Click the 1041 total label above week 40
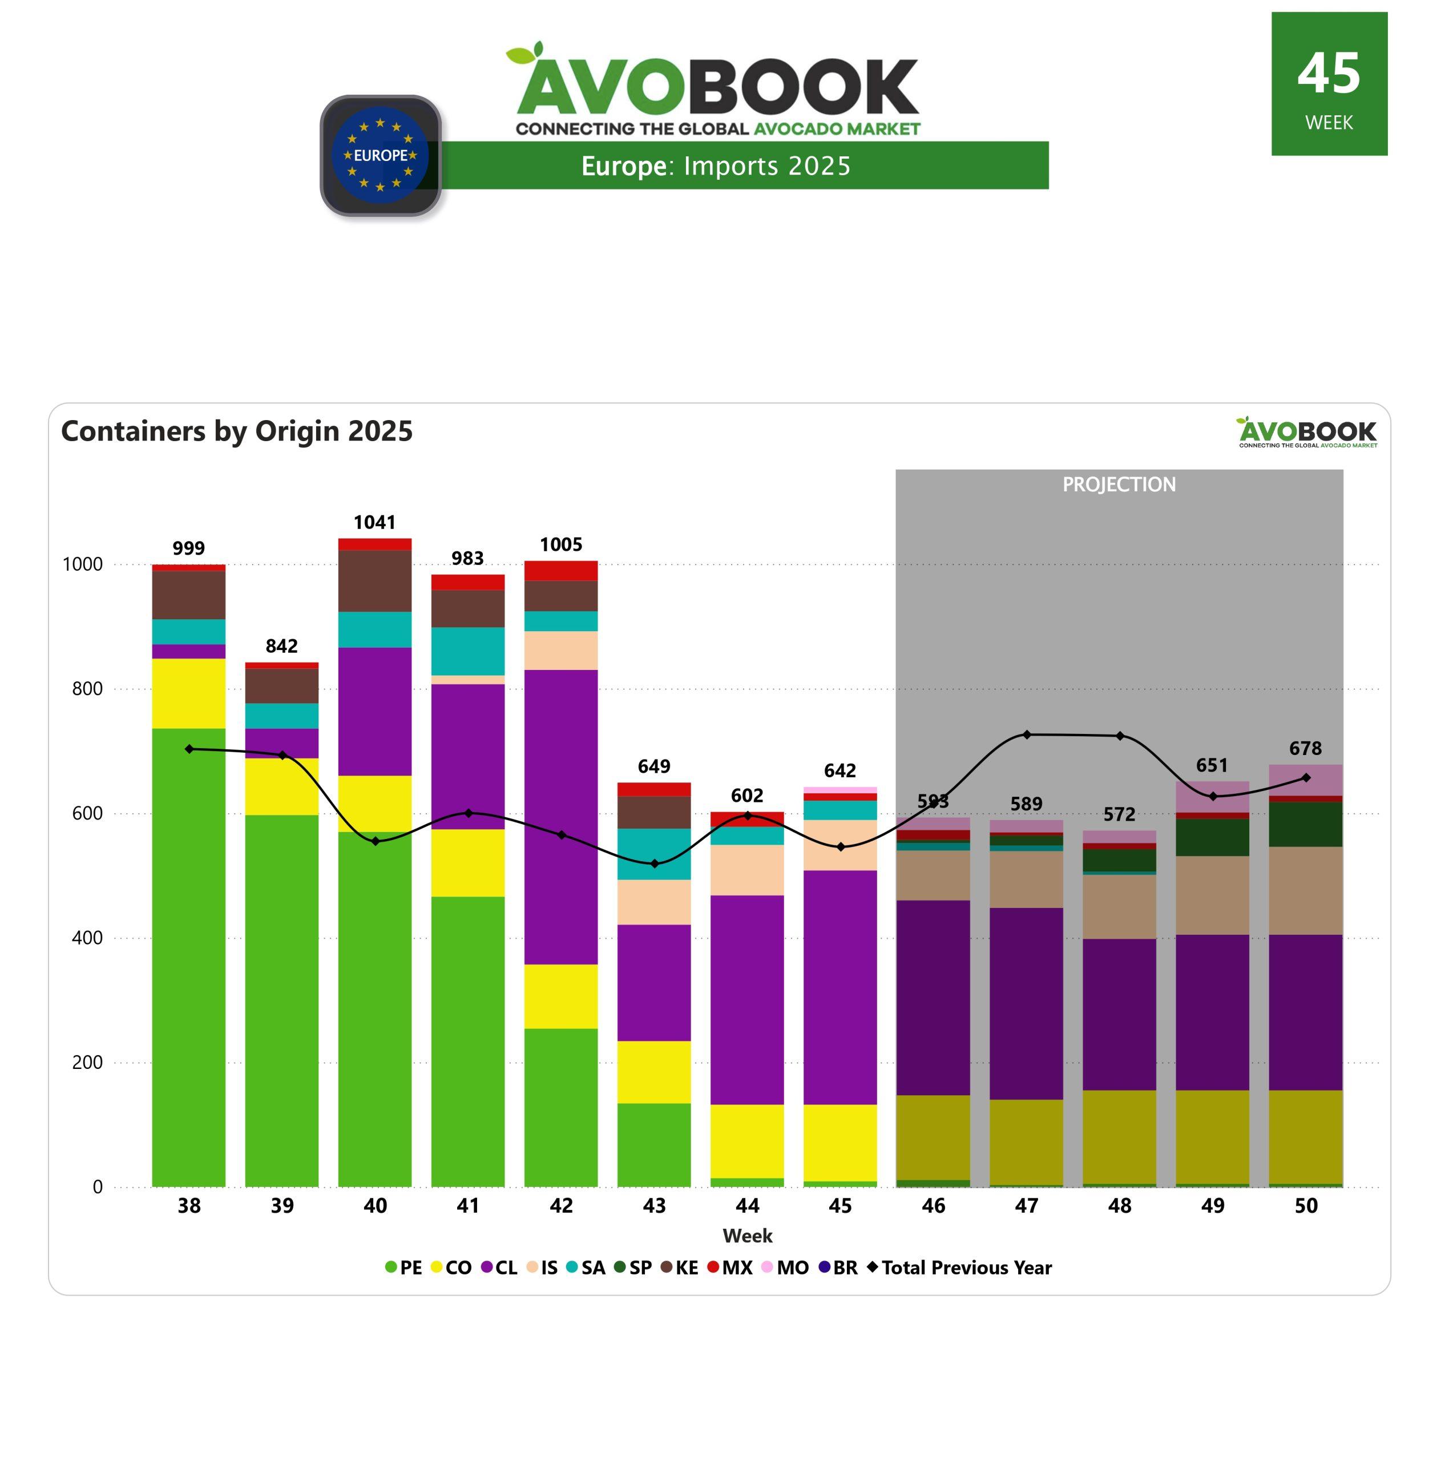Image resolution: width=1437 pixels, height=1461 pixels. click(374, 522)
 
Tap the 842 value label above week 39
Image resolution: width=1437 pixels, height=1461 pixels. click(281, 646)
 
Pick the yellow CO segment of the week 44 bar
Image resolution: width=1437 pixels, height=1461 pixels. click(747, 1140)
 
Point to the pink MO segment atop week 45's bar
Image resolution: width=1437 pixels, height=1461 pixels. click(840, 790)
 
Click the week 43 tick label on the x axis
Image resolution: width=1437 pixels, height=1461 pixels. click(655, 1206)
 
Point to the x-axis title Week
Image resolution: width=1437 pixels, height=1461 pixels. click(747, 1236)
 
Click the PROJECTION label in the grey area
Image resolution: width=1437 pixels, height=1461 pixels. click(1119, 485)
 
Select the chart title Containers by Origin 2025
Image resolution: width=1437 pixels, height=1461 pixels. click(237, 431)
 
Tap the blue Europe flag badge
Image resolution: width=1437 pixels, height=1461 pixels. click(381, 155)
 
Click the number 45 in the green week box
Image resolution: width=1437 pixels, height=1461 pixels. click(1329, 74)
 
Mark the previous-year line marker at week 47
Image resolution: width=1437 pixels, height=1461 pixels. click(1027, 734)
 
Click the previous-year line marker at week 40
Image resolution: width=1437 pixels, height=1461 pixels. click(375, 841)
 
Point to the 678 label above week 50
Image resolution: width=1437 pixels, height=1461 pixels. click(1305, 749)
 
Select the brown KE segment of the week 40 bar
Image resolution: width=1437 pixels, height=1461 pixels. click(374, 580)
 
